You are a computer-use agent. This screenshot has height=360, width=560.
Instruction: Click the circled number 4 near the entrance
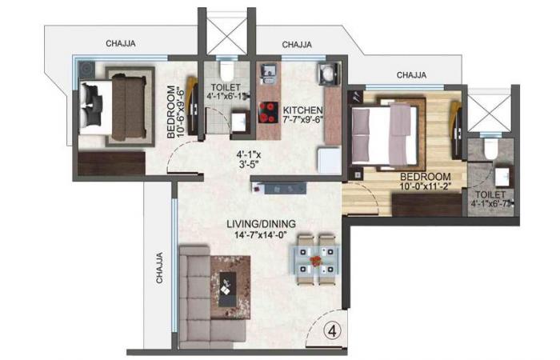[x=333, y=332]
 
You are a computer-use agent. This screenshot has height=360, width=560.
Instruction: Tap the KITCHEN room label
[x=302, y=110]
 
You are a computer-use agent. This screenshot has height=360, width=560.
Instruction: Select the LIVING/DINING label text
[x=262, y=224]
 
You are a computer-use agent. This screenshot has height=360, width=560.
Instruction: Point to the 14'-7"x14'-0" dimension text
[x=262, y=235]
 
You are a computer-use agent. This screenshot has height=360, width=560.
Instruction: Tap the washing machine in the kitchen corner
[x=329, y=74]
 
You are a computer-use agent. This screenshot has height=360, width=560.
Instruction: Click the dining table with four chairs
[x=316, y=260]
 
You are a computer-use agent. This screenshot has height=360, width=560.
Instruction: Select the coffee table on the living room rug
[x=227, y=290]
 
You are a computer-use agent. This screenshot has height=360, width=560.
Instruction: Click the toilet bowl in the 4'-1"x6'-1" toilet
[x=226, y=70]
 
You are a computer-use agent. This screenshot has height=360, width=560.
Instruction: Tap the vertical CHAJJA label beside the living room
[x=159, y=268]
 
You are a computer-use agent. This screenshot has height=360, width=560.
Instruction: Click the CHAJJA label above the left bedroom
[x=121, y=43]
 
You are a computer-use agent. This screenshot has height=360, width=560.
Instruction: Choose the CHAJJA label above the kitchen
[x=297, y=45]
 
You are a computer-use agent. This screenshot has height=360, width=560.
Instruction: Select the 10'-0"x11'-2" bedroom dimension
[x=426, y=186]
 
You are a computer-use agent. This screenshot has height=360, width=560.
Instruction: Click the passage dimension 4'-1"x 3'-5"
[x=249, y=160]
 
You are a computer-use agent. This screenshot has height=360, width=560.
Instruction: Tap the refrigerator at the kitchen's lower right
[x=330, y=161]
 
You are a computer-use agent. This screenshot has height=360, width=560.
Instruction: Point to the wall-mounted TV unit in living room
[x=279, y=188]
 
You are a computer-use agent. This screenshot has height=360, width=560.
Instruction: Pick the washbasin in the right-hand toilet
[x=502, y=177]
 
